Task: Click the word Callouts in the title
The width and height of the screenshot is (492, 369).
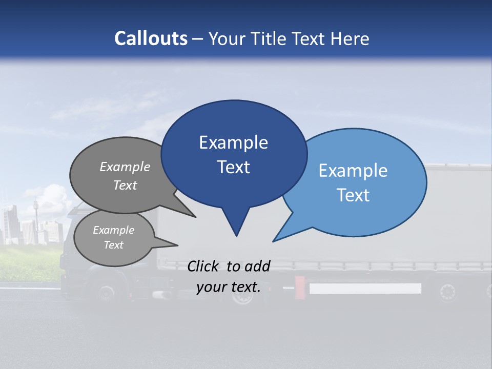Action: (151, 38)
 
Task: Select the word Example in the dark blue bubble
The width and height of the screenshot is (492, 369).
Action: (233, 142)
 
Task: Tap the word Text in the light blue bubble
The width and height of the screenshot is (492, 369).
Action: (354, 195)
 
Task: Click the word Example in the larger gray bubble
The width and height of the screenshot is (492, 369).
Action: (125, 167)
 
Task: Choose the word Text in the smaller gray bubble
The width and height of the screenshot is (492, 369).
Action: (113, 245)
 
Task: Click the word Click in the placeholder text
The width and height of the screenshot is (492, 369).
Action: (203, 265)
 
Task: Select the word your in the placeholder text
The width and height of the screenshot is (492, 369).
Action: (211, 287)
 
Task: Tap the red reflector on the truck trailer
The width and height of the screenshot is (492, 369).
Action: (300, 285)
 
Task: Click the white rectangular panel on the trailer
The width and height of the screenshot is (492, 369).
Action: (365, 289)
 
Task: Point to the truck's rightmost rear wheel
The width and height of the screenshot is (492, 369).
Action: (447, 293)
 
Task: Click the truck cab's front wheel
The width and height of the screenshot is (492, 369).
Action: (106, 293)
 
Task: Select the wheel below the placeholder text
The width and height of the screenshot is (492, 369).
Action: (242, 297)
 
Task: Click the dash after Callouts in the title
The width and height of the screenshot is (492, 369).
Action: (198, 39)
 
